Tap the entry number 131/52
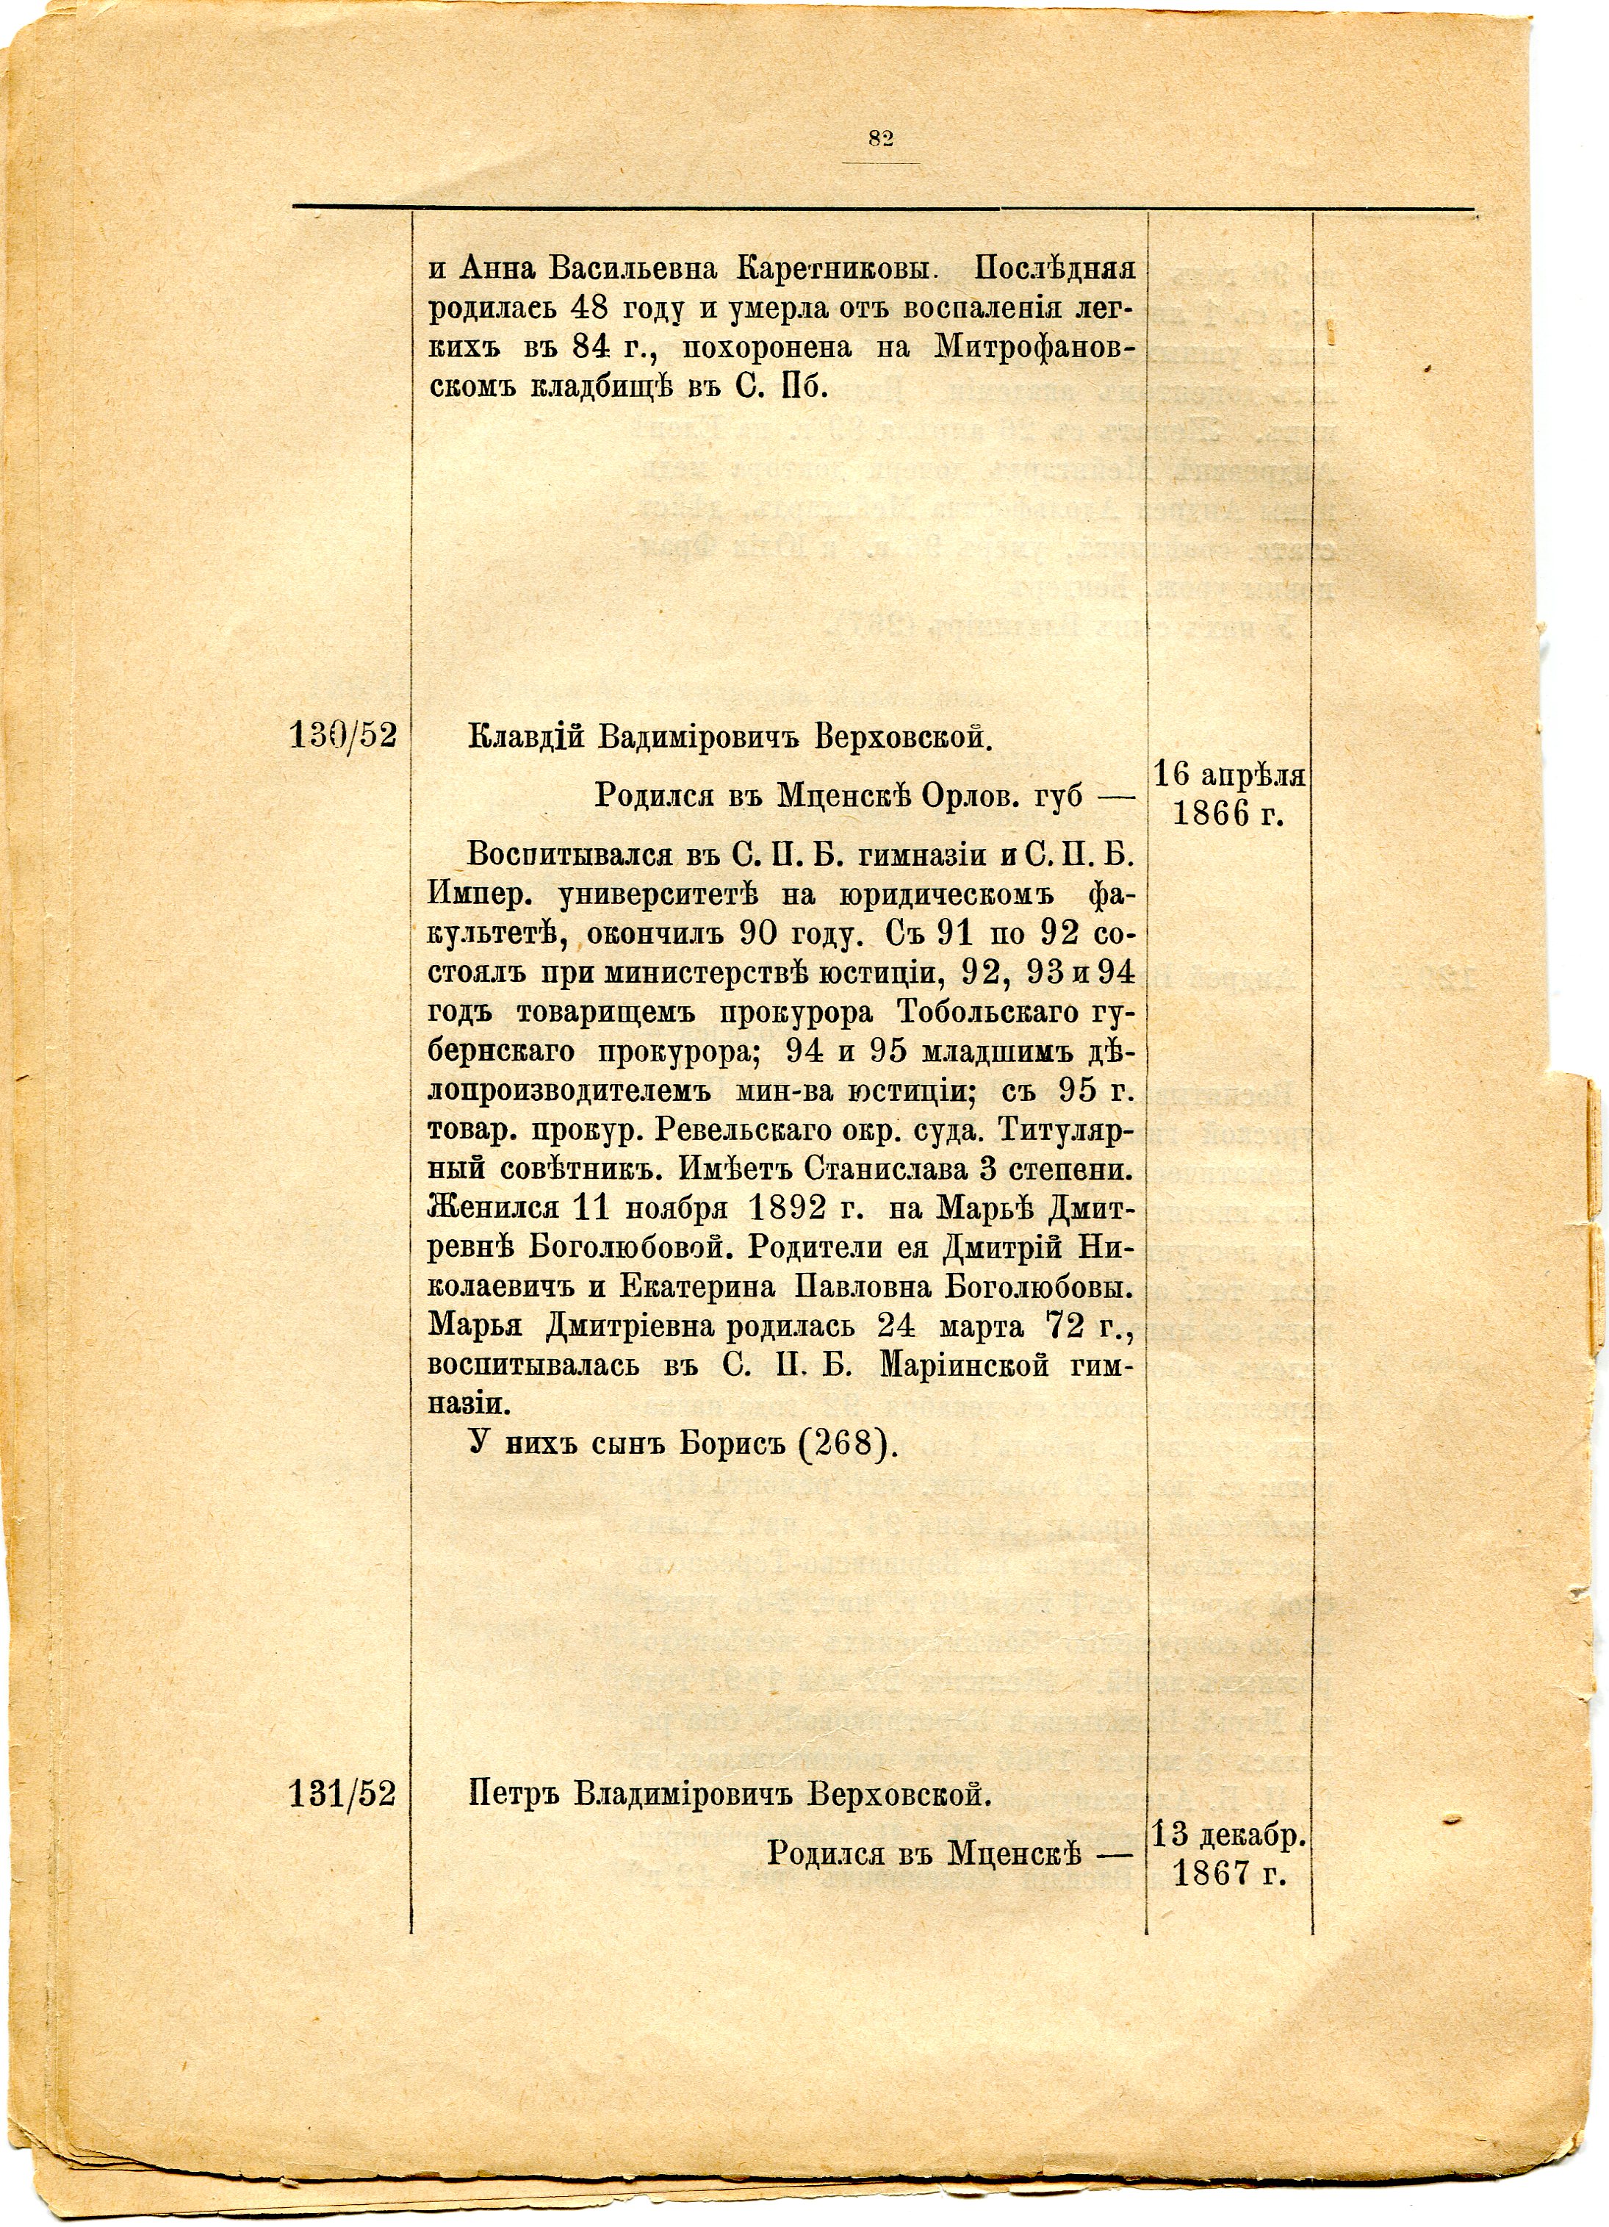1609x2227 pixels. [342, 1794]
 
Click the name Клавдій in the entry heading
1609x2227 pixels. [528, 736]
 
